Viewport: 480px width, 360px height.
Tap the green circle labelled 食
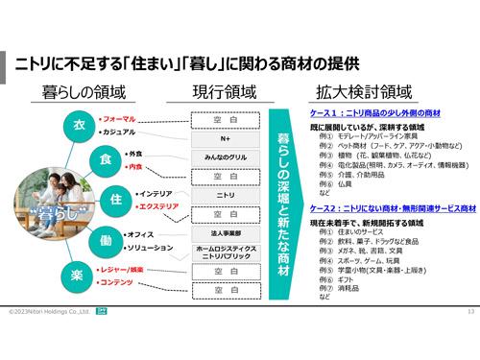108,158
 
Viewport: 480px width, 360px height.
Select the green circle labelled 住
116,199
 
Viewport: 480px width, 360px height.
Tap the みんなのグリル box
227,157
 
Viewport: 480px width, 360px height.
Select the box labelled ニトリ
227,195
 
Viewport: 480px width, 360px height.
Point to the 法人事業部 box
227,232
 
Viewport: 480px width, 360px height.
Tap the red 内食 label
133,166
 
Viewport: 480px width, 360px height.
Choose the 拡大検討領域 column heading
366,92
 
